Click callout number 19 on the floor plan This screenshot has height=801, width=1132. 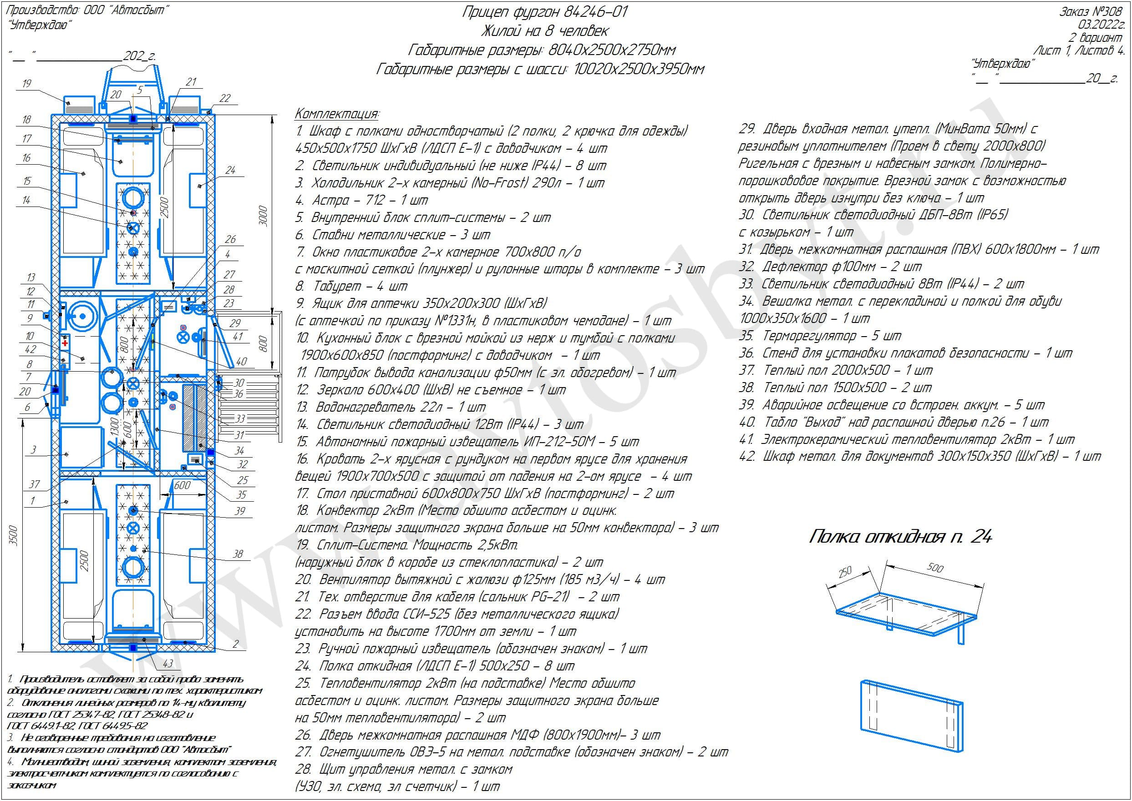[27, 83]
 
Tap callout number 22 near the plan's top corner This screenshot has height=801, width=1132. [224, 98]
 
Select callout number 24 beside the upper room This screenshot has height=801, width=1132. [230, 170]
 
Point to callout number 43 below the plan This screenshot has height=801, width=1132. [168, 663]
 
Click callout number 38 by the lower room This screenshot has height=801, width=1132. [238, 554]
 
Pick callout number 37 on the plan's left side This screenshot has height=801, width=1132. [34, 484]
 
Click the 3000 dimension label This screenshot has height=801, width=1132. [263, 216]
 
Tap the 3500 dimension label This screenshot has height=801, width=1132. [14, 536]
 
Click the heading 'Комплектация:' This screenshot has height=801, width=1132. [337, 114]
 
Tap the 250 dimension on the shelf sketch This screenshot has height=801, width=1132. [845, 572]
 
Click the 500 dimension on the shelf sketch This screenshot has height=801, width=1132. [934, 567]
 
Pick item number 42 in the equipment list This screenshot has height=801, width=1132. [746, 456]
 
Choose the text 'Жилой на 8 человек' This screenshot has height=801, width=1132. [544, 31]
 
